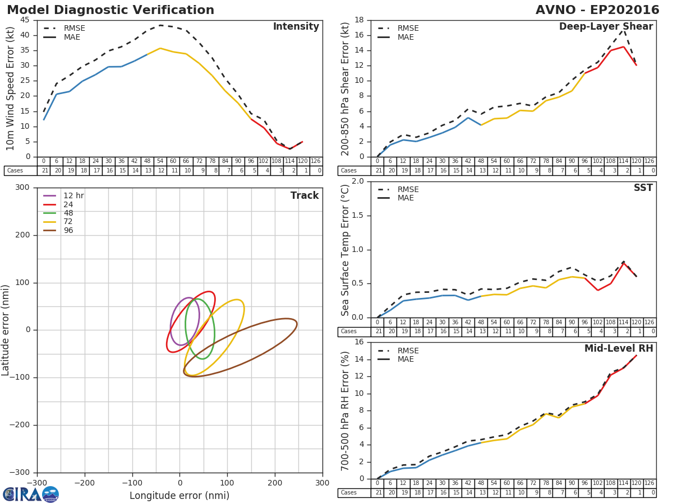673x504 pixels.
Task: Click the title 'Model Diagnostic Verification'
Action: tap(110, 10)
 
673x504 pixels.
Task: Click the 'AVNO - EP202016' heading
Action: tap(597, 10)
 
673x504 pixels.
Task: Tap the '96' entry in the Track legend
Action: tap(68, 230)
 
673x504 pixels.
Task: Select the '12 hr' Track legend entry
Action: tap(73, 195)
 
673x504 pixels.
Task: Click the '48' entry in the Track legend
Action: tap(68, 213)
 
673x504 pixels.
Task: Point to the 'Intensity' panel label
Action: tap(296, 27)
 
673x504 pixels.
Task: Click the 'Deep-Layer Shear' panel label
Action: tap(606, 27)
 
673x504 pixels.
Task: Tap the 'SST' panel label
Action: tap(643, 188)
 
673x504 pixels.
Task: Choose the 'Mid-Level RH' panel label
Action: tap(619, 349)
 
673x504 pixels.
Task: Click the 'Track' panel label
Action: tap(305, 195)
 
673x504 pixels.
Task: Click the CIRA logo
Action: tap(31, 494)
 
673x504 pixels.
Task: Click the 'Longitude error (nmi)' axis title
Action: tap(179, 496)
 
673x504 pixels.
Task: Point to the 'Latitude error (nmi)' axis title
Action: tap(6, 330)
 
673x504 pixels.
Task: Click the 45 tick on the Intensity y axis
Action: tap(25, 20)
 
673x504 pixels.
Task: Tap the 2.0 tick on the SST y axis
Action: tap(357, 181)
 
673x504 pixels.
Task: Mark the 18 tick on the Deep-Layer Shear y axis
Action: tap(359, 20)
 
